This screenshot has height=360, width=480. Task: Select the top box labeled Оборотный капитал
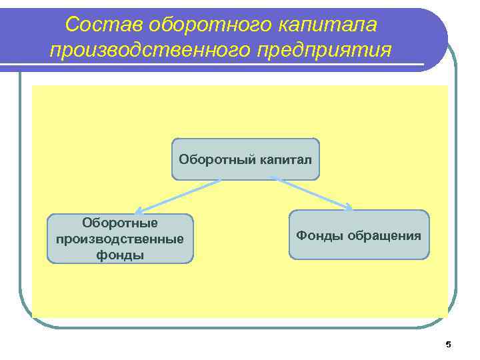coord(245,159)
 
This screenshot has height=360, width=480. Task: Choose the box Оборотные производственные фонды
coord(120,238)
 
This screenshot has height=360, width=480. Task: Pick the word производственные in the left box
coord(120,239)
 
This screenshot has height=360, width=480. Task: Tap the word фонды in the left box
coord(120,254)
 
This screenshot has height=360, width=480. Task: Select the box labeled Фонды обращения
coord(359,235)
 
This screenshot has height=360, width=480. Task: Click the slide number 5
coord(448,345)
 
